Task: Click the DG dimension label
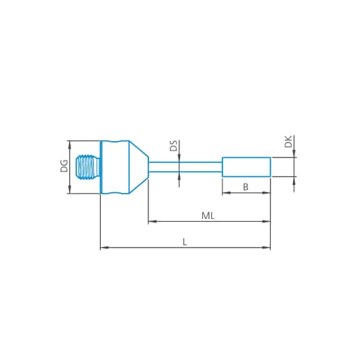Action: (x=64, y=166)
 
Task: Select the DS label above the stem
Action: (x=173, y=147)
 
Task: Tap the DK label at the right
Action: (x=288, y=143)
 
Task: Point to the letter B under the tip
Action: (x=246, y=187)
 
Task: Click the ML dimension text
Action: (x=208, y=215)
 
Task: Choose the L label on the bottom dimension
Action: (x=185, y=242)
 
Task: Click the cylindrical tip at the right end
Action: (x=246, y=166)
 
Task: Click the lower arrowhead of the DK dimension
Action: (x=294, y=180)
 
